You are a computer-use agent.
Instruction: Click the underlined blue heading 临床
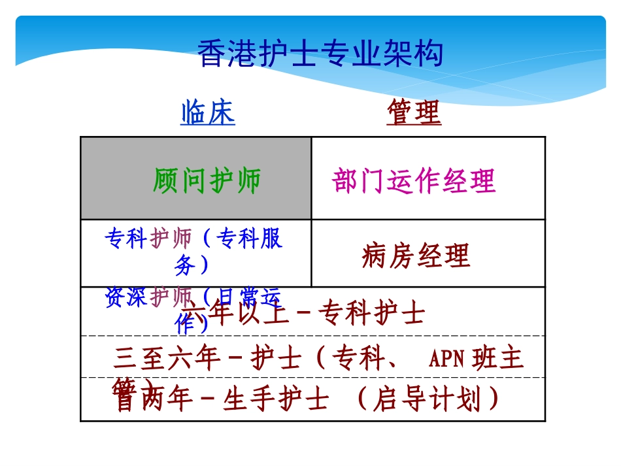(x=208, y=113)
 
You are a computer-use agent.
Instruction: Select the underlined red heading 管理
(x=414, y=112)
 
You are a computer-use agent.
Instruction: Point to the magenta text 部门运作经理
(x=414, y=181)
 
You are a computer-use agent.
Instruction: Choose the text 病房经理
(x=416, y=256)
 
